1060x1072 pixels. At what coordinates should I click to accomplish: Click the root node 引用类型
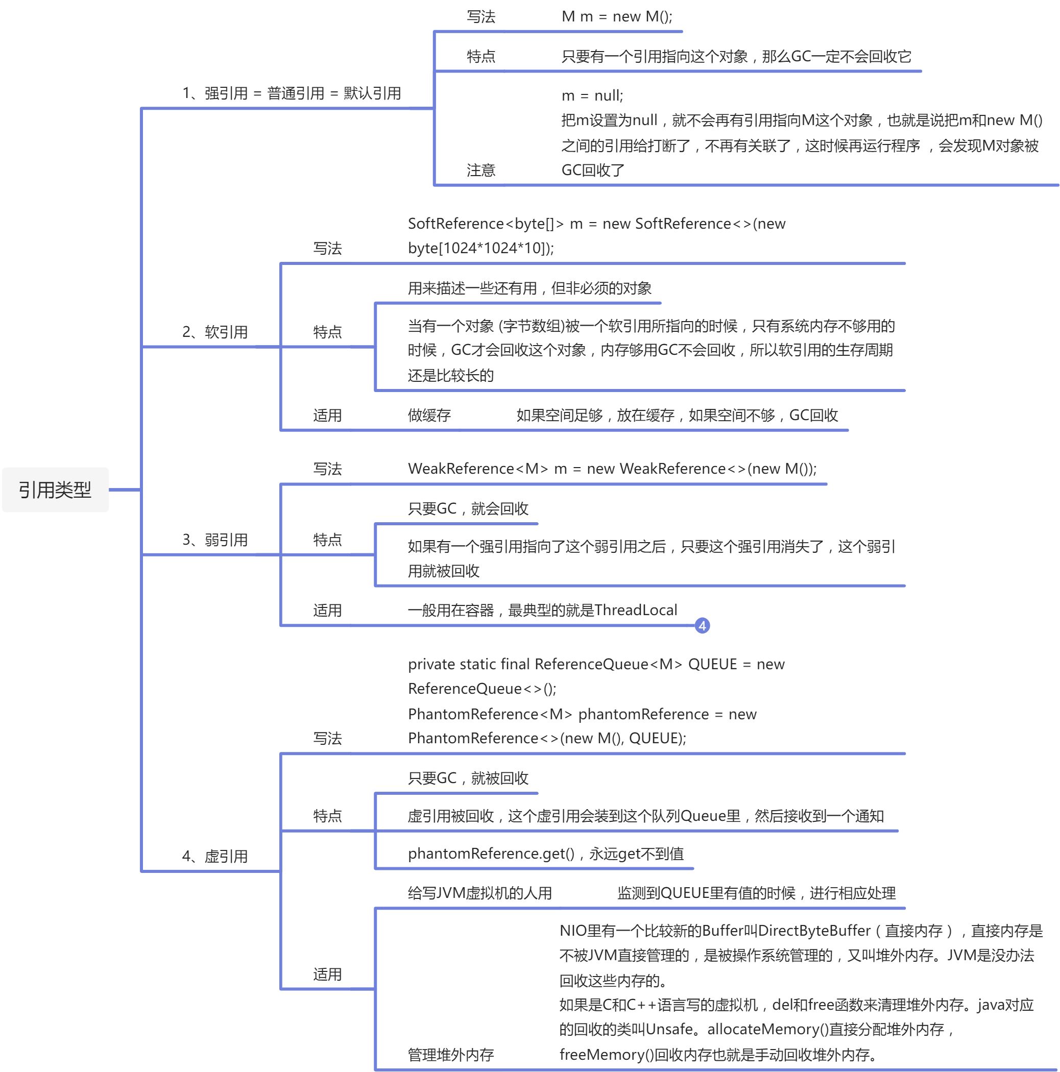pos(55,490)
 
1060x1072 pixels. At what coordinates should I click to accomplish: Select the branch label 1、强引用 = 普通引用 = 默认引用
pos(292,93)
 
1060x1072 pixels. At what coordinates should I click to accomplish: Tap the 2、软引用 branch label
pos(215,332)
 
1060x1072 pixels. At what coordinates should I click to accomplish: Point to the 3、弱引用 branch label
pos(215,540)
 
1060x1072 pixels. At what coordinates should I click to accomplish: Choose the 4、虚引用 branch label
pos(215,856)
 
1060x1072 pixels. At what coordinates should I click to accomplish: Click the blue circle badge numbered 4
pos(702,626)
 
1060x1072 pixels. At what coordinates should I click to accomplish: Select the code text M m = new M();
pos(617,17)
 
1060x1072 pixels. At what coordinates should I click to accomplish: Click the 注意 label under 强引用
pos(480,170)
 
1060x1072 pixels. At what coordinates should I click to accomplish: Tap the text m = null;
pos(592,95)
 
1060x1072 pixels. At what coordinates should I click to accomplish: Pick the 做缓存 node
pos(429,415)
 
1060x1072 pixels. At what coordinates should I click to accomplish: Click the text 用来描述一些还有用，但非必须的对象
pos(529,288)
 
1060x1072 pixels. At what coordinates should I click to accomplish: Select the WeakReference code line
pos(612,469)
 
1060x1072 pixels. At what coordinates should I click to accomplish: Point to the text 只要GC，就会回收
pos(468,508)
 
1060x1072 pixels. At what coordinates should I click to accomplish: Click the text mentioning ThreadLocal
pos(542,611)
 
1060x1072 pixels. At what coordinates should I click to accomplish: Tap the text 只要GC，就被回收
pos(468,778)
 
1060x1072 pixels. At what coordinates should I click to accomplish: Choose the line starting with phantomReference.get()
pos(545,854)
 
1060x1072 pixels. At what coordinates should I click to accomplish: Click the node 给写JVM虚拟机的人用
pos(479,893)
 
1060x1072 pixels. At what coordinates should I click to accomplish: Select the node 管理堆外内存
pos(451,1054)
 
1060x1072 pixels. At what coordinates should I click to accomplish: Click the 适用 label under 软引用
pos(327,415)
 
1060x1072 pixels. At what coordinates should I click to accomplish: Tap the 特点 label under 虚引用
pos(327,816)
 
